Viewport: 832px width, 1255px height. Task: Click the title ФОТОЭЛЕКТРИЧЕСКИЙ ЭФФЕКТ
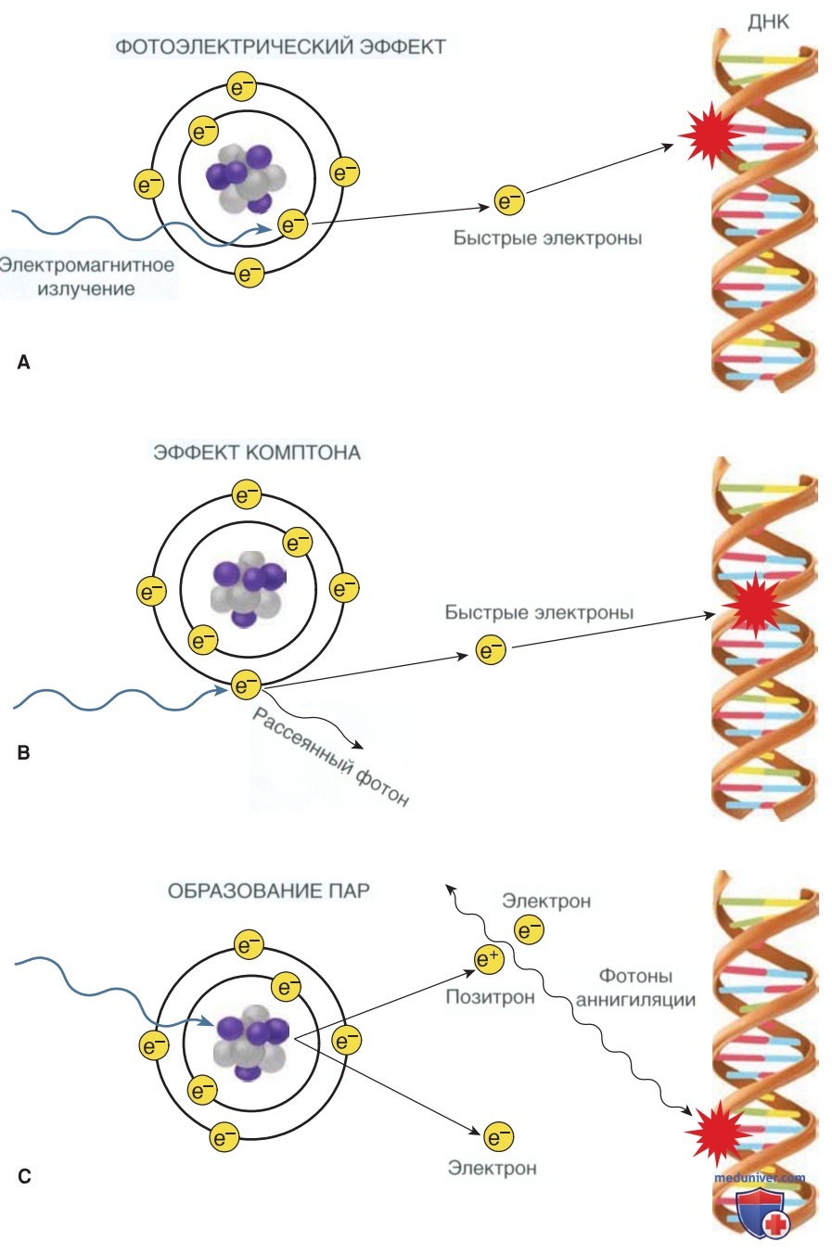coord(280,46)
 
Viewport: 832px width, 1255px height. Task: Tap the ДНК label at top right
coord(768,22)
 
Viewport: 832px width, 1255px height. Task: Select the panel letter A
coord(23,363)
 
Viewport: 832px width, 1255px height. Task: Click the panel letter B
coord(23,752)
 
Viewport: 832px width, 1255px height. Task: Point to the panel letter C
coord(24,1176)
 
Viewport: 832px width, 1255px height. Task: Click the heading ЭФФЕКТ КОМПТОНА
coord(257,452)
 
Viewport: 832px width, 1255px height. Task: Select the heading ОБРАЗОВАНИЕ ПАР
coord(268,890)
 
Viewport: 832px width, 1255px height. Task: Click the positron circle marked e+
coord(489,958)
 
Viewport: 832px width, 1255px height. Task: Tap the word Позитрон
coord(490,997)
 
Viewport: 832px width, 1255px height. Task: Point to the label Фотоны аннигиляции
coord(635,987)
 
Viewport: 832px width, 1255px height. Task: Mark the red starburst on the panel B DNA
coord(755,605)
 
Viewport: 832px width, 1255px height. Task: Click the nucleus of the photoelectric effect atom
coord(246,179)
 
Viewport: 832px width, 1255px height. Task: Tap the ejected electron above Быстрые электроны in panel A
coord(509,200)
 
